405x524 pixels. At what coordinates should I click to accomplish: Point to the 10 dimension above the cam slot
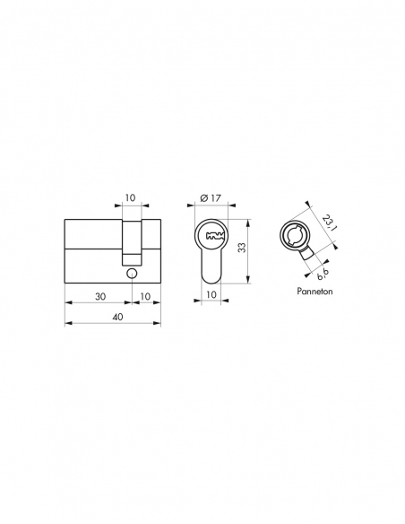point(132,196)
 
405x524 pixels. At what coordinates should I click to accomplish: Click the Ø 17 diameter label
point(211,196)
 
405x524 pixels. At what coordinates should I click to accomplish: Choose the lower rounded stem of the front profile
point(211,267)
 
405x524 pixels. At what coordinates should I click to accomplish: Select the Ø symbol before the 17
point(203,196)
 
